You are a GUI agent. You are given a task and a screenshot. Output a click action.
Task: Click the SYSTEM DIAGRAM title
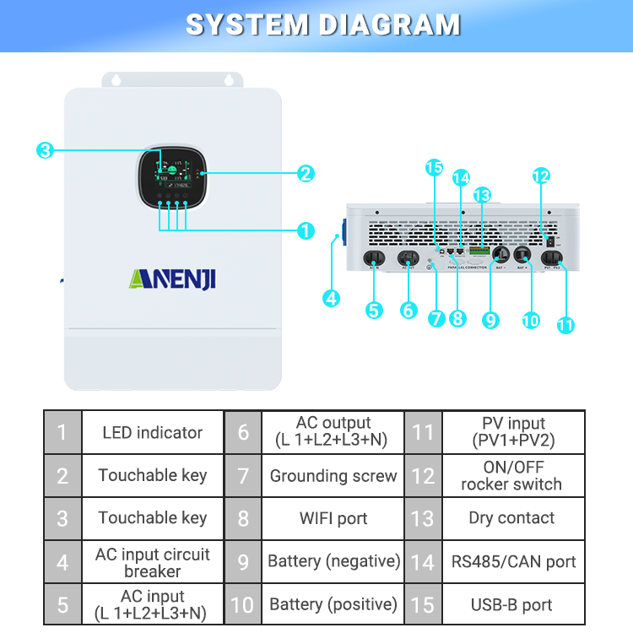[322, 24]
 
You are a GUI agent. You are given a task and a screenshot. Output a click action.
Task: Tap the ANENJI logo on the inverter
[172, 278]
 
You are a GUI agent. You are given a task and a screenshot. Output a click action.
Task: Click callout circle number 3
[45, 151]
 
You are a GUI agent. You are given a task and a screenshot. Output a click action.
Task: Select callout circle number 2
[306, 174]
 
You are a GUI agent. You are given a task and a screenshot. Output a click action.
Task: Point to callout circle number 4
[332, 298]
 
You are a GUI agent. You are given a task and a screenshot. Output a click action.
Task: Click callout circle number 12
[541, 176]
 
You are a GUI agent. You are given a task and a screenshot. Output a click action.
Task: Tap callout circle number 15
[434, 168]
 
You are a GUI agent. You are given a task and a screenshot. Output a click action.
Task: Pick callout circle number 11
[565, 323]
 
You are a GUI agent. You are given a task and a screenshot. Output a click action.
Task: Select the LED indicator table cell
[152, 433]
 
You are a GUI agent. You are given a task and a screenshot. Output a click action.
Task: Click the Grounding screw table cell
[333, 476]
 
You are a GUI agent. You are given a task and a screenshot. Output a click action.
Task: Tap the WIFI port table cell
[333, 518]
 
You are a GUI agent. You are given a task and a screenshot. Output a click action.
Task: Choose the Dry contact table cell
[511, 518]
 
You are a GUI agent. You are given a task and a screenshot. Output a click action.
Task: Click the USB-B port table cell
[511, 604]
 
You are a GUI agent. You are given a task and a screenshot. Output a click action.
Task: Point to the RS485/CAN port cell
[511, 561]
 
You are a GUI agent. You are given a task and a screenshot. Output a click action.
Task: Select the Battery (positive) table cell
[333, 604]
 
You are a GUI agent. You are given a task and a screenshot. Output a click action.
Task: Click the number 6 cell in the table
[243, 433]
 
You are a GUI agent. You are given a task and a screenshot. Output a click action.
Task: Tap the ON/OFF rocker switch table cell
[511, 476]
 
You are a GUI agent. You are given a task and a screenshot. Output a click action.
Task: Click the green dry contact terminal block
[479, 252]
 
